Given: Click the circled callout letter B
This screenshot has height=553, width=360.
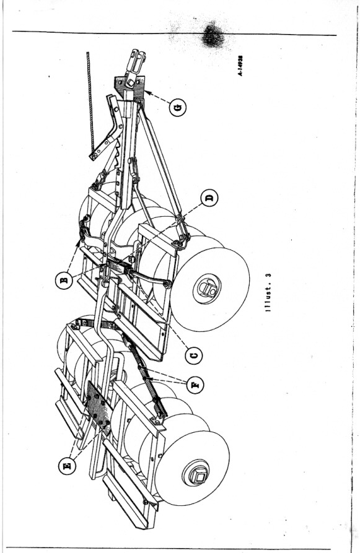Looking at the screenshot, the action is (x=64, y=281).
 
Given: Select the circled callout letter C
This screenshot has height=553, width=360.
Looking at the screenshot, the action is (x=194, y=355).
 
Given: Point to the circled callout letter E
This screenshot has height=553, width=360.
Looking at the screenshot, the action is (x=67, y=466).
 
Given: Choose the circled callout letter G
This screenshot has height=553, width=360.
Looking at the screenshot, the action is (x=178, y=108).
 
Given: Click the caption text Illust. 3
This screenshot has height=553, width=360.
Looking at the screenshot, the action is (x=269, y=294).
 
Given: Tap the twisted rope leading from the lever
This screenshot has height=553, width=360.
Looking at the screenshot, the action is (x=90, y=102).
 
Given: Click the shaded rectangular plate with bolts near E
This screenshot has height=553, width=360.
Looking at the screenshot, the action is (x=99, y=407).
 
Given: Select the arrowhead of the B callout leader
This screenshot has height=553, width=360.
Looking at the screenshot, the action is (x=78, y=242).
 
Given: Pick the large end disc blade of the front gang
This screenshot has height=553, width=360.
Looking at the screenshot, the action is (x=209, y=289).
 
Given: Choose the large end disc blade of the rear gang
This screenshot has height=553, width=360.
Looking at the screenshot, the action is (x=192, y=468).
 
